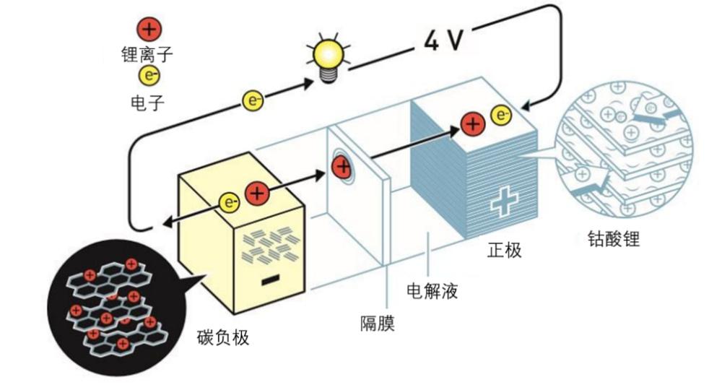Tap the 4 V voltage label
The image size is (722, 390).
(x=443, y=40)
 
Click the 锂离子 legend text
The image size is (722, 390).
(x=147, y=54)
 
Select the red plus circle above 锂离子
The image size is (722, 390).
(x=149, y=30)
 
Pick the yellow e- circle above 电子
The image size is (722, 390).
(x=149, y=76)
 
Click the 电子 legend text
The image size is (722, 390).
(x=147, y=103)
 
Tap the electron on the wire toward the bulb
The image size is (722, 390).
(x=253, y=100)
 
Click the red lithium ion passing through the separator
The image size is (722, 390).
(x=342, y=167)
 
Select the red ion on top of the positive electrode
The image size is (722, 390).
(x=473, y=123)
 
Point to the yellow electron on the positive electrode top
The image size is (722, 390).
(x=501, y=115)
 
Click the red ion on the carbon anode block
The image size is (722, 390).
(x=257, y=194)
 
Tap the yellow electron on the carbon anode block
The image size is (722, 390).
(x=229, y=202)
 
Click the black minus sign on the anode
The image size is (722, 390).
(x=270, y=279)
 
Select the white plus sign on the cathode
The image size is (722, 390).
(x=504, y=201)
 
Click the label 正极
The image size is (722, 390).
(x=505, y=251)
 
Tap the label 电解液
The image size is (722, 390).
(x=432, y=291)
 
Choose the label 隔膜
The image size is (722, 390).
(x=378, y=324)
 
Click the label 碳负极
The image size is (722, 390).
(x=223, y=337)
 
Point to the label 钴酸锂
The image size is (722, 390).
(x=614, y=238)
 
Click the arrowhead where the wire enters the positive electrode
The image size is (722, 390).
(x=526, y=107)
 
